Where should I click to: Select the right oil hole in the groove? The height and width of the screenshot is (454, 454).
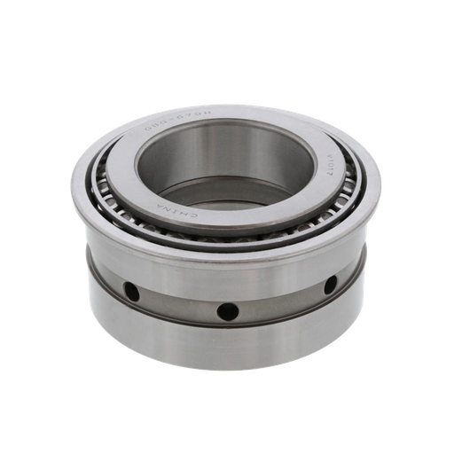329,285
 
